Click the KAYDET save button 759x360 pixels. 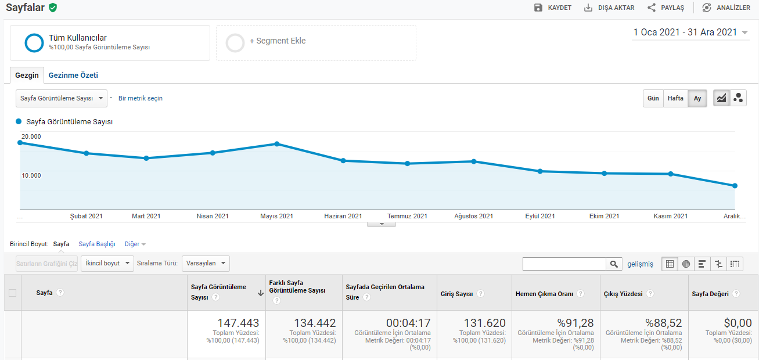(553, 8)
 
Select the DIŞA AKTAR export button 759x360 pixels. (609, 8)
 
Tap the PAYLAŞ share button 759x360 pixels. (666, 8)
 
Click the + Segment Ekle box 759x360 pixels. (316, 42)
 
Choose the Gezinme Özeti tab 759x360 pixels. (73, 75)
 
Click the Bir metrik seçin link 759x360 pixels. (141, 98)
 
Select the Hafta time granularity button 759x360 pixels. (675, 98)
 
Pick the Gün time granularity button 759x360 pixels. (653, 98)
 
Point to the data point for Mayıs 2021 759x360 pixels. (277, 144)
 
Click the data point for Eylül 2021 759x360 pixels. (540, 171)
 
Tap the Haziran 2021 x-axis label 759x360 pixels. (343, 216)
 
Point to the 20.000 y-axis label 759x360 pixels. (31, 136)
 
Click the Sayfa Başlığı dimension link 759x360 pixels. (97, 244)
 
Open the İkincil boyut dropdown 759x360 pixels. (107, 264)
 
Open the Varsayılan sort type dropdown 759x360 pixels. (206, 264)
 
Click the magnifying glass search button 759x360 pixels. (614, 264)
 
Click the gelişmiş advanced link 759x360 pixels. (640, 264)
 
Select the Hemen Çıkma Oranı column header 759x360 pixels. (544, 294)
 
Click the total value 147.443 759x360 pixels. (238, 323)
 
